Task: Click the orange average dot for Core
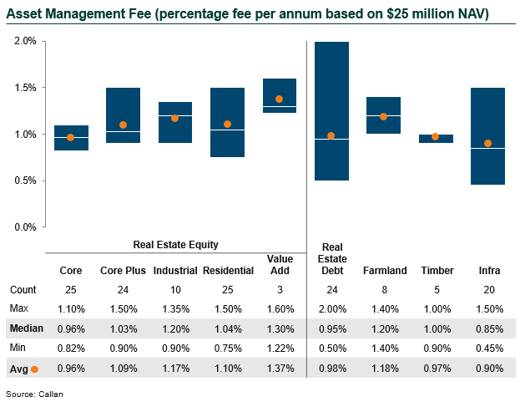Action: point(71,138)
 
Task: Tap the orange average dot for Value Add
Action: point(280,99)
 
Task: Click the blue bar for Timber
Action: point(436,139)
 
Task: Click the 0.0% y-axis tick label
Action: point(25,227)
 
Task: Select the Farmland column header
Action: point(385,271)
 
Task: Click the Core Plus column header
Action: point(124,271)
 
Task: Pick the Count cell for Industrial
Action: point(175,290)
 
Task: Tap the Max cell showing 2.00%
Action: point(332,309)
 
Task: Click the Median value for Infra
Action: point(488,328)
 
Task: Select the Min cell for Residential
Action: point(227,348)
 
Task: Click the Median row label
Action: point(26,328)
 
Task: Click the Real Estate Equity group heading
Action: point(175,245)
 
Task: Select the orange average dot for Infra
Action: point(488,143)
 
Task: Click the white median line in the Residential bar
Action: point(227,130)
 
